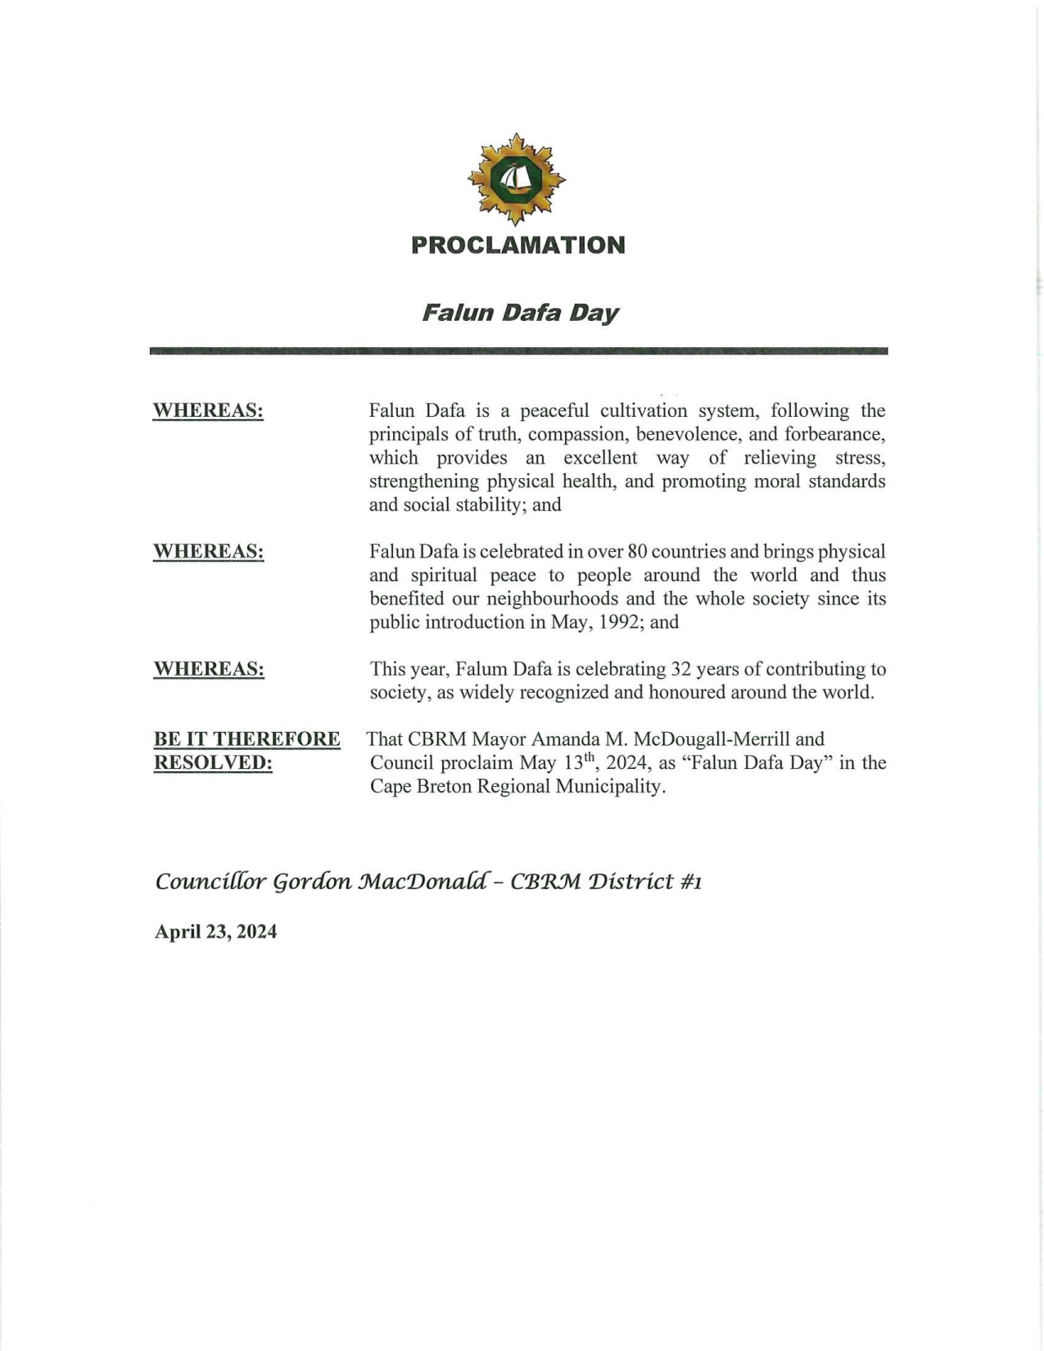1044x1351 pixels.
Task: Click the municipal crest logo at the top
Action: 516,178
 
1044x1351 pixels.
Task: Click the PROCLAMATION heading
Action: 518,245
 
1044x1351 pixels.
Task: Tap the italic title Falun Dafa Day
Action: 520,313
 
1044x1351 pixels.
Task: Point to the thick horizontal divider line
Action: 518,351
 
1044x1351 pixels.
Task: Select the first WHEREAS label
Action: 208,411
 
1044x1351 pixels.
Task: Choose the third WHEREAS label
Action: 209,670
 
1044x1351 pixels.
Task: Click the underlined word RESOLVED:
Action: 213,763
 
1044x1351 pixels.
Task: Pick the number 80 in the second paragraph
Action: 638,552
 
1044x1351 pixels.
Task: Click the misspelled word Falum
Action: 481,670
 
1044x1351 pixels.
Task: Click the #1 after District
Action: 690,882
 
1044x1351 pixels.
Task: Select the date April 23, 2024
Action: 215,932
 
